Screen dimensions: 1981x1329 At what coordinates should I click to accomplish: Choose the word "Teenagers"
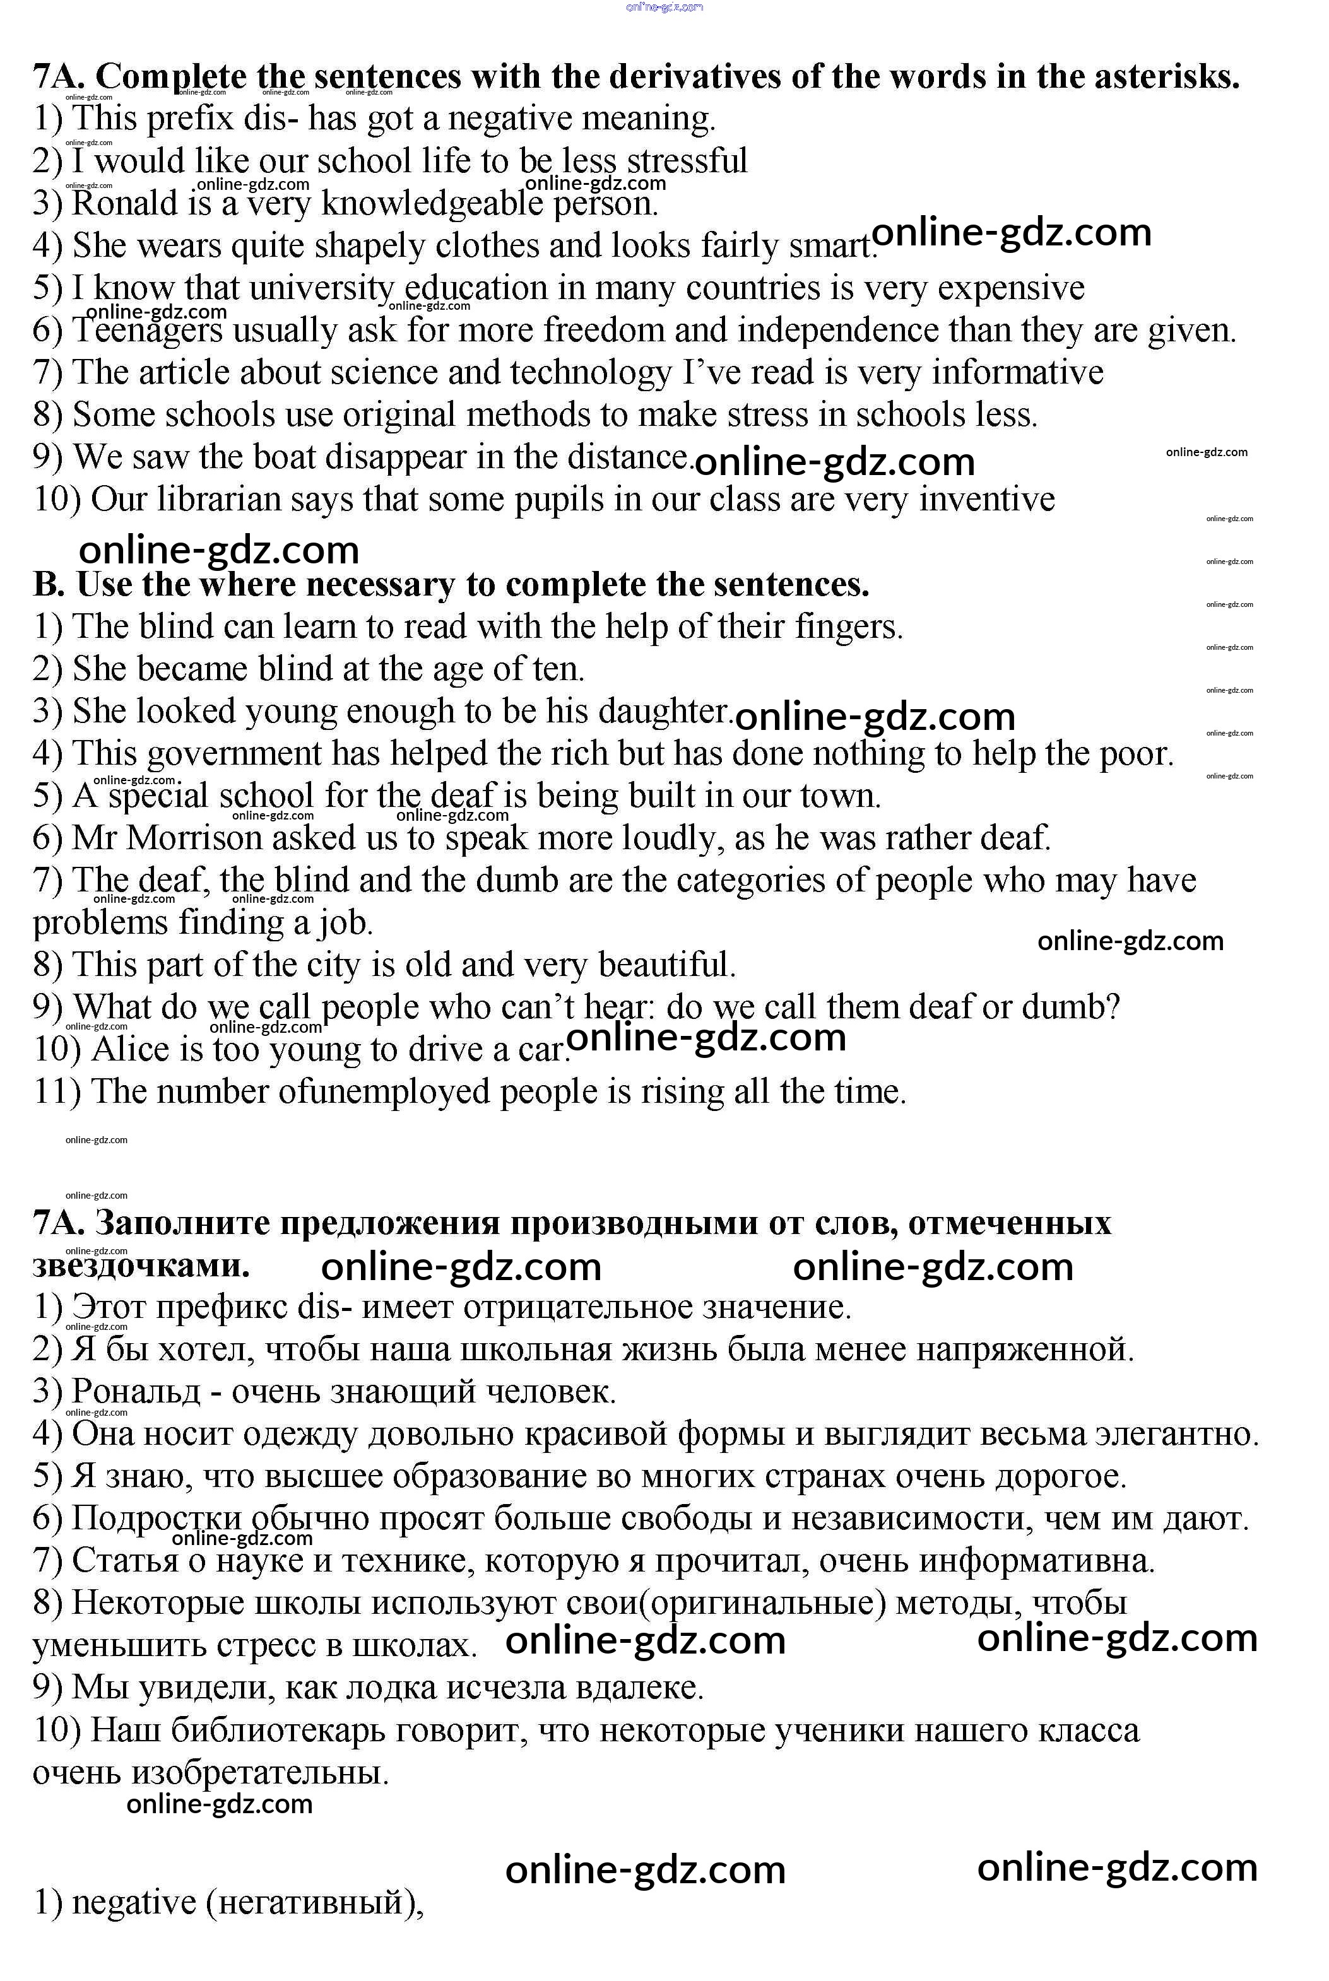pyautogui.click(x=148, y=331)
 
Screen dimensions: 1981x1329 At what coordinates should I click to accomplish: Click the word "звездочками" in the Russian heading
pyautogui.click(x=141, y=1266)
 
